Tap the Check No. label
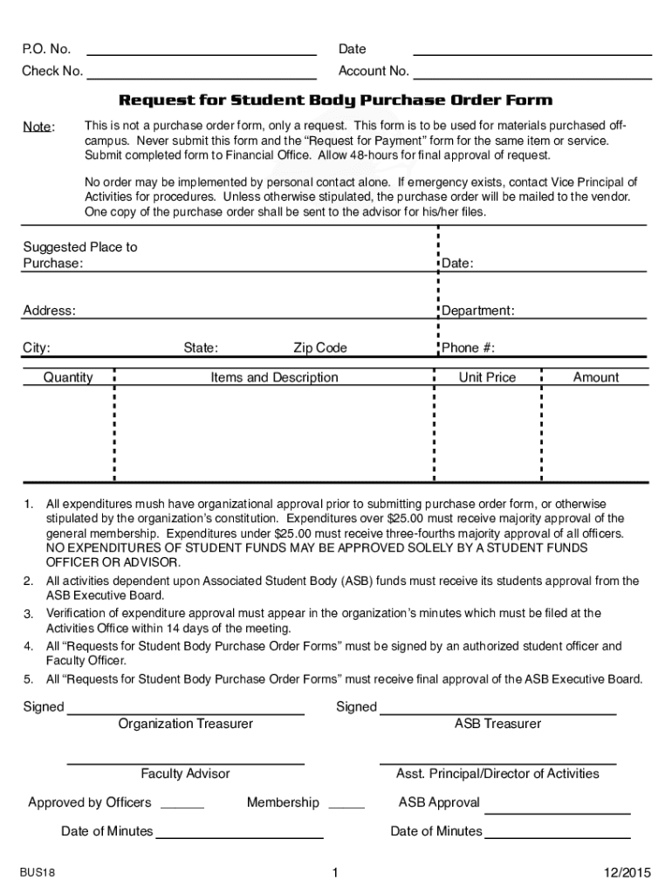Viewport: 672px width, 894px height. coord(52,72)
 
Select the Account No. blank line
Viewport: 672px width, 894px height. coord(532,78)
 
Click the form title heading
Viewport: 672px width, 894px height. coord(335,100)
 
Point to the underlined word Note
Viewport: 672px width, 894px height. coord(38,127)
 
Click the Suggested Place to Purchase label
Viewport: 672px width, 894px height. coord(79,255)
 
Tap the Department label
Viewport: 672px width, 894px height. coord(477,311)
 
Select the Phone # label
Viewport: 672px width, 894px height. coord(468,348)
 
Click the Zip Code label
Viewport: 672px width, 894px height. coord(319,348)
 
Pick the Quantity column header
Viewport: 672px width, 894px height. coord(68,378)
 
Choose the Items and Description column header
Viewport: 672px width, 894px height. coord(274,378)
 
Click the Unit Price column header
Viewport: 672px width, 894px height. coord(487,378)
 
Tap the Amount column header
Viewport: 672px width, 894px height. coord(595,378)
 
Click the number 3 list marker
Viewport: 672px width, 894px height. coord(28,615)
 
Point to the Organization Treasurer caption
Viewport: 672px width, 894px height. coord(186,724)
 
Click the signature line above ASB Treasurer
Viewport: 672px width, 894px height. coord(497,713)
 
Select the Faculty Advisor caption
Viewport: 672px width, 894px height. coord(185,774)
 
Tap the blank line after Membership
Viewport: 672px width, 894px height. coord(346,808)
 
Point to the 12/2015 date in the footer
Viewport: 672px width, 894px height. coord(627,873)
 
